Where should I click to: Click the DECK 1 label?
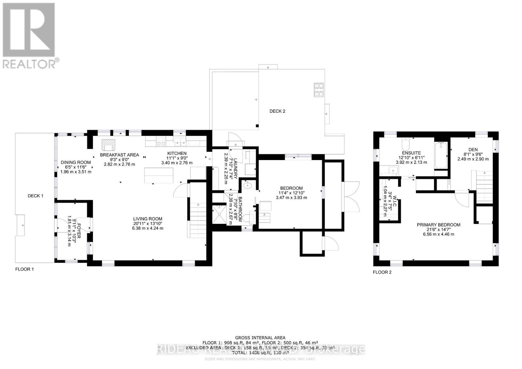[35, 196]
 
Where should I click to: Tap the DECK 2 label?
[277, 111]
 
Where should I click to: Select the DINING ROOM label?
[76, 162]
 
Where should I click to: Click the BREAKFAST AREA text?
[119, 155]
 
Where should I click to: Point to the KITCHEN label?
[177, 153]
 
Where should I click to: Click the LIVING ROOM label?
[147, 219]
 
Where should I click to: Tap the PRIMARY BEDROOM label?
[438, 225]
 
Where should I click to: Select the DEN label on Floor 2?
[473, 150]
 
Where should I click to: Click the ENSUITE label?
[411, 153]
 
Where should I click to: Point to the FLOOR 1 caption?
[24, 269]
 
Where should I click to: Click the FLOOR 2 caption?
[382, 272]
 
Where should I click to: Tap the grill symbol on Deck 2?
[319, 90]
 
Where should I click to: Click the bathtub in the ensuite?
[441, 155]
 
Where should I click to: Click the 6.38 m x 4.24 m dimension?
[147, 228]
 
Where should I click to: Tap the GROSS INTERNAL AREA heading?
[260, 338]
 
